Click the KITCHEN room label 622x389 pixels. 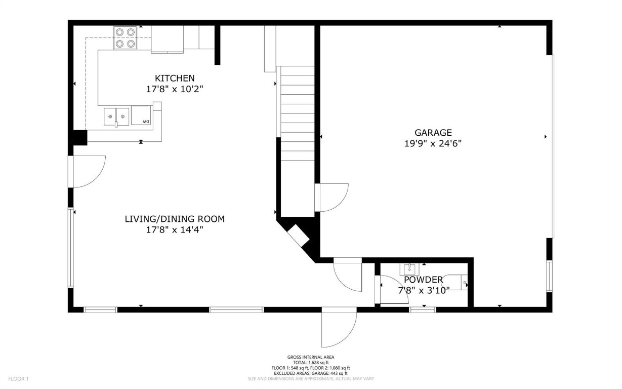coord(175,78)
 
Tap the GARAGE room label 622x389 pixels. coord(432,133)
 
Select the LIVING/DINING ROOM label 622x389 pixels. coord(175,219)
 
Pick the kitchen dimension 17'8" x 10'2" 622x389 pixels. coord(175,89)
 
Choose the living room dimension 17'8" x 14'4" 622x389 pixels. coord(175,229)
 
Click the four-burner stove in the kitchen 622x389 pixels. coord(125,38)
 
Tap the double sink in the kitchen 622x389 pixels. coord(116,116)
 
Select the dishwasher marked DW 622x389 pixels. coord(142,115)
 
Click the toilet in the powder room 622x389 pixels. coord(458,282)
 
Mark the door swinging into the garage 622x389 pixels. coord(331,198)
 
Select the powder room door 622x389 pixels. coord(392,290)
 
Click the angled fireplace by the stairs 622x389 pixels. coord(299,236)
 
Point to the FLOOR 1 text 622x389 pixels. coord(19,378)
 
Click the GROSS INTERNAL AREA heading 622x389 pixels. coord(310,357)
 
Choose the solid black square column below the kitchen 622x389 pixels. coord(79,137)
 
